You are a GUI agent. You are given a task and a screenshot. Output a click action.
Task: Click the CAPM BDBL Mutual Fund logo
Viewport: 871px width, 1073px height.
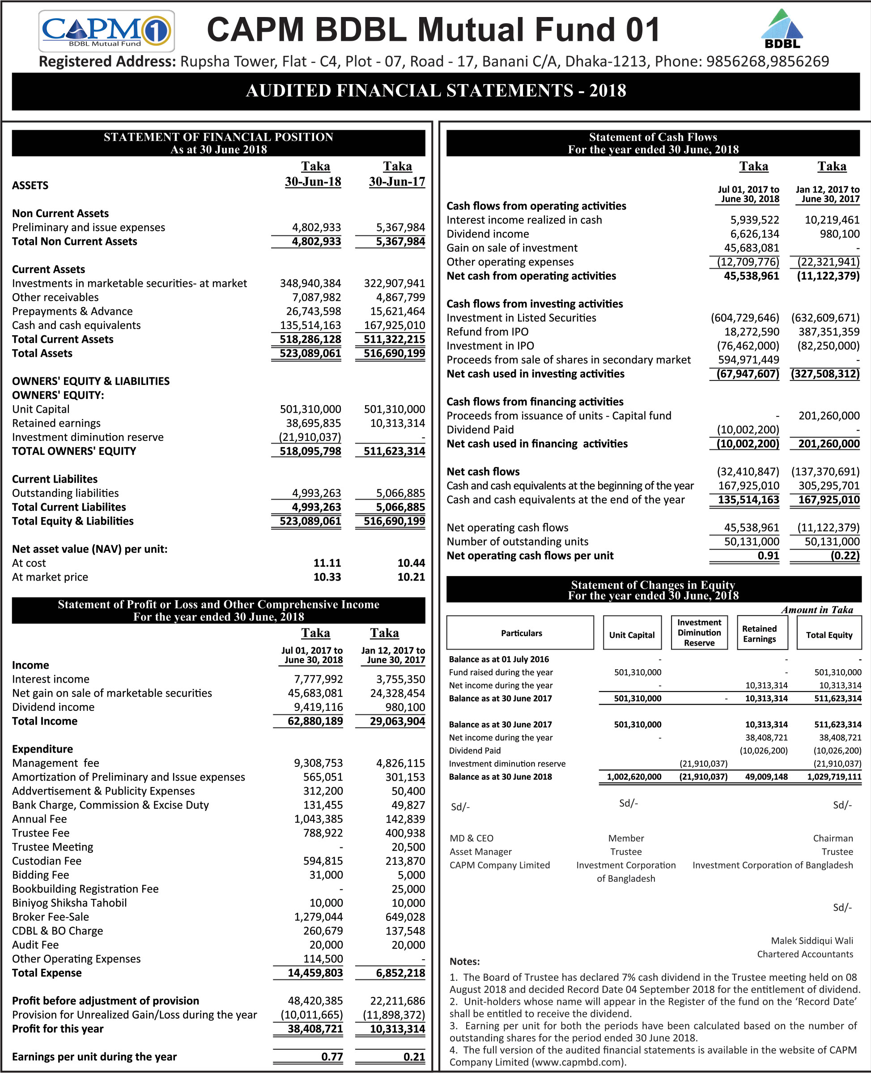click(x=106, y=31)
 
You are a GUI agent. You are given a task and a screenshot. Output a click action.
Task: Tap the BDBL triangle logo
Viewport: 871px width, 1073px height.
click(x=782, y=29)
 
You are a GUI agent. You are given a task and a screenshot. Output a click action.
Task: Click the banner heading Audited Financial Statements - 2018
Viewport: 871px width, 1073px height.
click(x=436, y=91)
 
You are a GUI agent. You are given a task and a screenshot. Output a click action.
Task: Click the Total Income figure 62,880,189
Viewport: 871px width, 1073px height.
click(x=315, y=721)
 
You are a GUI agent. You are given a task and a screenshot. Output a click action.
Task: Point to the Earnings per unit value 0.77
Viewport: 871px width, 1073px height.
click(x=331, y=1056)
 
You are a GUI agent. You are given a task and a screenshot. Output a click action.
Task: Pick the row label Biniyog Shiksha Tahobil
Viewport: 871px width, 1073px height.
click(x=69, y=903)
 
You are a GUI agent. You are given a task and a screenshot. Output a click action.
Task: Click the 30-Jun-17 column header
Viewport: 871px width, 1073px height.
click(x=396, y=182)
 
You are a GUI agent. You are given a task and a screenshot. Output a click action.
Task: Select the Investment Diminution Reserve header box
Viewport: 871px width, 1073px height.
click(x=699, y=633)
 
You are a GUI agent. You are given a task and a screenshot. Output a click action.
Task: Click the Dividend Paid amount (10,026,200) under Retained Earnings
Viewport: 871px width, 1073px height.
click(x=763, y=751)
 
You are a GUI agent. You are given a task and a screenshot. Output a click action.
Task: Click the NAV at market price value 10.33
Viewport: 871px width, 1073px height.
click(x=327, y=577)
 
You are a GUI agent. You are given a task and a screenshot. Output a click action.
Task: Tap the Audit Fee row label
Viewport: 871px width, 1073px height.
click(x=35, y=945)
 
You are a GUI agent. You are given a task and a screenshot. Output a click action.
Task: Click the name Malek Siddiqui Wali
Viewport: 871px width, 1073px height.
click(x=812, y=940)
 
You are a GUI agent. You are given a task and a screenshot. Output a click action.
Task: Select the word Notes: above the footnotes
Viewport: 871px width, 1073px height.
click(x=464, y=962)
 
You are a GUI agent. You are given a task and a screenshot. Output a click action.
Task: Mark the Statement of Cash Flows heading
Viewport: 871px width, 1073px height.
click(x=652, y=137)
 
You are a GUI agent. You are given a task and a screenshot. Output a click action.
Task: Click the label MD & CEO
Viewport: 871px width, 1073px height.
click(x=471, y=838)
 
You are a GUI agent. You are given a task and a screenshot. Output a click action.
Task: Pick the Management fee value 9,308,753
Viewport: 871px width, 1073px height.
click(x=318, y=763)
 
